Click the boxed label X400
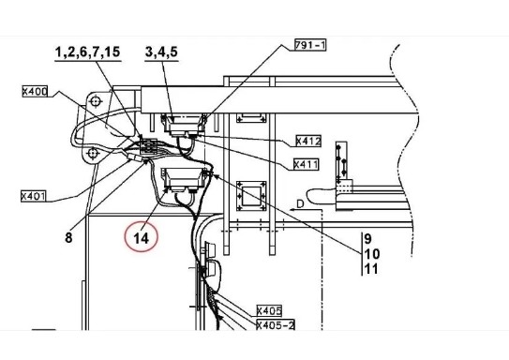click(35, 92)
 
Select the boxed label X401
click(34, 196)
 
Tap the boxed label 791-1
click(310, 45)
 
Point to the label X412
click(308, 141)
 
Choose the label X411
click(306, 164)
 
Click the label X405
click(269, 310)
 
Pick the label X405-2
click(276, 324)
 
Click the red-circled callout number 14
click(142, 238)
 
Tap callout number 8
click(68, 237)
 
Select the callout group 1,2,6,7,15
click(88, 52)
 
